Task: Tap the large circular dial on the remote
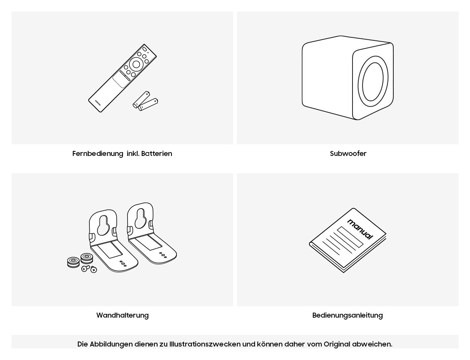point(136,64)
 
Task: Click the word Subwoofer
point(348,154)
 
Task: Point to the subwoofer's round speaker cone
point(373,82)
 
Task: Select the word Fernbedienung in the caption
point(98,154)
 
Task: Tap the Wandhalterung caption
point(123,315)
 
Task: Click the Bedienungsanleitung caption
point(347,315)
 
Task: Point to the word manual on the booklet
point(360,229)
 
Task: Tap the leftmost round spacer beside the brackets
point(73,262)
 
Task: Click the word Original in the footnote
point(337,344)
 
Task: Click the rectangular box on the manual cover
point(350,237)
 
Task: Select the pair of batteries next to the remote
point(146,101)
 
